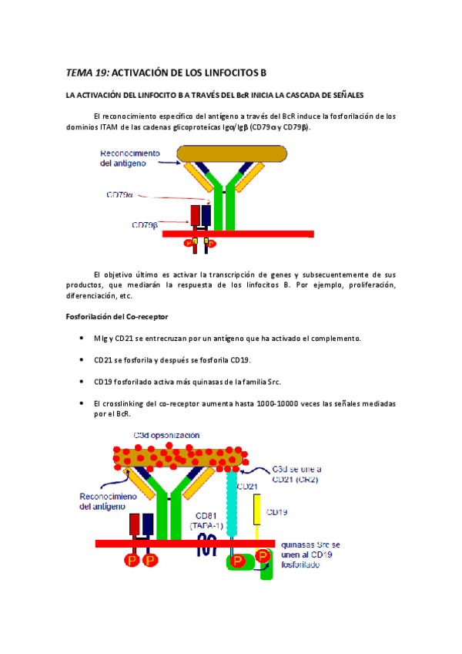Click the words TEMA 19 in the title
pos(89,72)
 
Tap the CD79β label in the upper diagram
pos(145,225)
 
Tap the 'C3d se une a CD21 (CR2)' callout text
pos(300,474)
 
